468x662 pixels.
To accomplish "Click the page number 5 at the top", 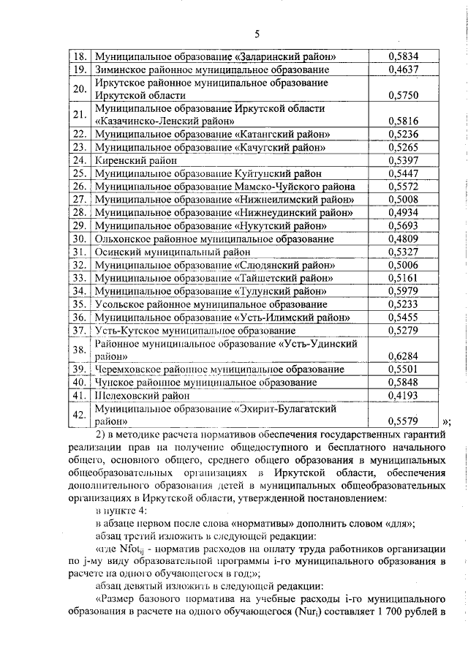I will point(257,33).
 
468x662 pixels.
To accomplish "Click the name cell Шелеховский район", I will point(142,396).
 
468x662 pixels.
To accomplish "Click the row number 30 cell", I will point(80,238).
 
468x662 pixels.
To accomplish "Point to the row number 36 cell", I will point(80,317).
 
